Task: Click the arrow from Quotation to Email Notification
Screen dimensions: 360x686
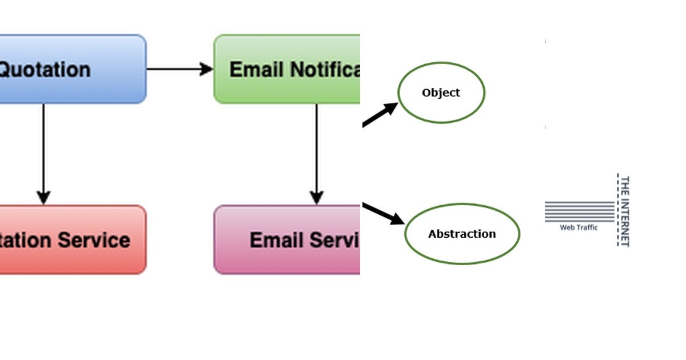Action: click(x=180, y=69)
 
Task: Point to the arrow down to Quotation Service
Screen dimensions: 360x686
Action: click(x=43, y=154)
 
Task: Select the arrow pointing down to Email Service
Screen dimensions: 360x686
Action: click(x=316, y=154)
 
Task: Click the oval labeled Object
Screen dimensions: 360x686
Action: click(x=441, y=93)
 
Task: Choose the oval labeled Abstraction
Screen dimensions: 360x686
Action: click(x=462, y=234)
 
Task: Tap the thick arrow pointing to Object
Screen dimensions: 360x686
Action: click(x=380, y=114)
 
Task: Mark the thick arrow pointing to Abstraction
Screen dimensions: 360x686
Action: click(x=383, y=213)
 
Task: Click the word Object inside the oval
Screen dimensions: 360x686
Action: click(x=441, y=93)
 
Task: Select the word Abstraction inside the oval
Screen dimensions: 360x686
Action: click(x=462, y=234)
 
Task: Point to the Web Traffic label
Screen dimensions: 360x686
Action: click(x=579, y=227)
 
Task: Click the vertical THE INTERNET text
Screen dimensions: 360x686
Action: click(x=625, y=211)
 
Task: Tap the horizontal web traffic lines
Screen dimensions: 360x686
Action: click(x=579, y=211)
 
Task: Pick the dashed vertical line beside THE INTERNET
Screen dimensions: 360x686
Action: click(x=617, y=210)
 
